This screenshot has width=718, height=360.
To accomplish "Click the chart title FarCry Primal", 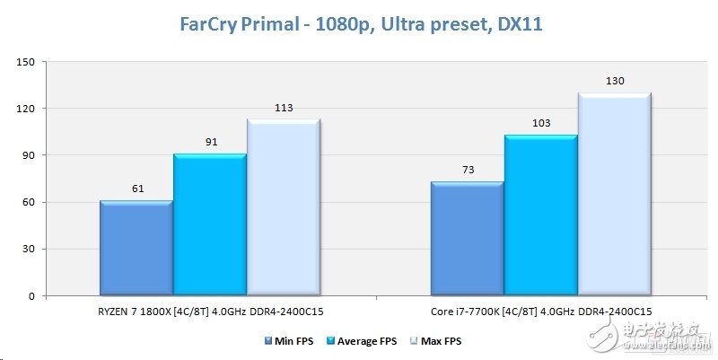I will (358, 24).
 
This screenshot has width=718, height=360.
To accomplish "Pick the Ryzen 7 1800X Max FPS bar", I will (283, 207).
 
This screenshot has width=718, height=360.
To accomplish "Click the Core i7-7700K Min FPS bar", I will (466, 239).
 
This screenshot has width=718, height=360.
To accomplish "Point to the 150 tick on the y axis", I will (24, 62).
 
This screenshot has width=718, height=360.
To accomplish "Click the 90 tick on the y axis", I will (27, 155).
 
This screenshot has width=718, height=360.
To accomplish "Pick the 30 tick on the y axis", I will (27, 249).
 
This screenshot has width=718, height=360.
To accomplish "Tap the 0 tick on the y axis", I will (31, 296).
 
